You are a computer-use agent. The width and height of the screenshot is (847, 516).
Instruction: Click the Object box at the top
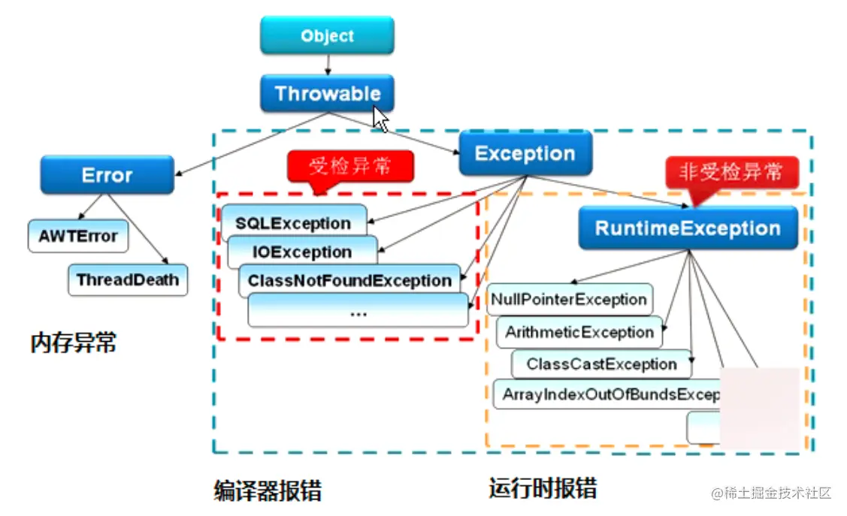click(x=327, y=36)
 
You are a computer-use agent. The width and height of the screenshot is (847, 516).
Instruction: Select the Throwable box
click(x=327, y=94)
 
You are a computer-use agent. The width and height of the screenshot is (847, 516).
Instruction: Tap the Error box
click(x=107, y=175)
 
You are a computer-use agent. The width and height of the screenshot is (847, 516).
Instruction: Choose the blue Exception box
click(x=525, y=154)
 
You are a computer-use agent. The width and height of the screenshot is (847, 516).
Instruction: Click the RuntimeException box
click(x=687, y=228)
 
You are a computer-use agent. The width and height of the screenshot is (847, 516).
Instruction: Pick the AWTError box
click(x=78, y=237)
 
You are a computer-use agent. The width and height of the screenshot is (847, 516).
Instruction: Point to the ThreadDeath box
click(x=128, y=280)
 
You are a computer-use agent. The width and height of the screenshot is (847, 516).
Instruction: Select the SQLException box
click(x=293, y=223)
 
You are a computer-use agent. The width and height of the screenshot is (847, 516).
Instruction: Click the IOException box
click(x=302, y=252)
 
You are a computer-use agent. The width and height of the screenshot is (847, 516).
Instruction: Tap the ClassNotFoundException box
click(x=349, y=281)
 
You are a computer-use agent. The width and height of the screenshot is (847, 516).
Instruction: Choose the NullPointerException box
click(x=569, y=300)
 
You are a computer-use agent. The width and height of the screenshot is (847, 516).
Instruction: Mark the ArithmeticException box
click(x=579, y=332)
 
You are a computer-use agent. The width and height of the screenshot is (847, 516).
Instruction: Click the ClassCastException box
click(x=601, y=364)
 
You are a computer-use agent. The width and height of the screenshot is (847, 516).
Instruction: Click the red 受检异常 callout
click(x=350, y=166)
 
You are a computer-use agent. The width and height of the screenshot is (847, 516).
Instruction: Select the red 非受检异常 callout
click(x=731, y=173)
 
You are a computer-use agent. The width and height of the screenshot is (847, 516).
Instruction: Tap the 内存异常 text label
click(x=74, y=343)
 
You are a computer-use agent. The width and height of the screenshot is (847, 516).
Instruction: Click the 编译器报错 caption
click(x=268, y=490)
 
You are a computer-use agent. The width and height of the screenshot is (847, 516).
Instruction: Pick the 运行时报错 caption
click(x=543, y=488)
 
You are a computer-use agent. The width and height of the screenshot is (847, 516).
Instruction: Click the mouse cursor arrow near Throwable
click(x=380, y=118)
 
